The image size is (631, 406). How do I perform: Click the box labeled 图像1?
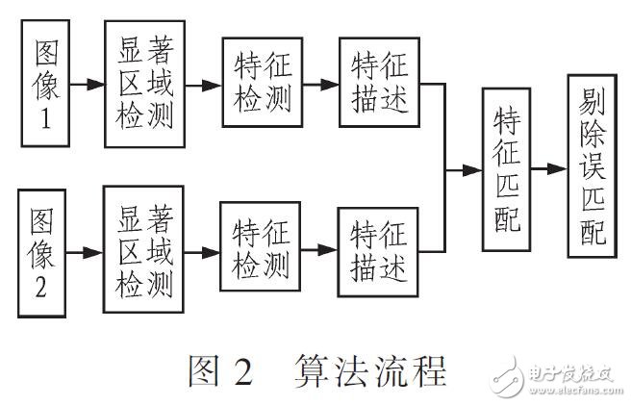(x=47, y=84)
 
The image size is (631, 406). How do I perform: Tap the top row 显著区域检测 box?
(x=145, y=84)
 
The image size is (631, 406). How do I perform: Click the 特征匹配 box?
(x=507, y=169)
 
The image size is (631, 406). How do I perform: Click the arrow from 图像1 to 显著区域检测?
(x=89, y=84)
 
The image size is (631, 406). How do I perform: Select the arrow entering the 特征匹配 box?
(x=467, y=169)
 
